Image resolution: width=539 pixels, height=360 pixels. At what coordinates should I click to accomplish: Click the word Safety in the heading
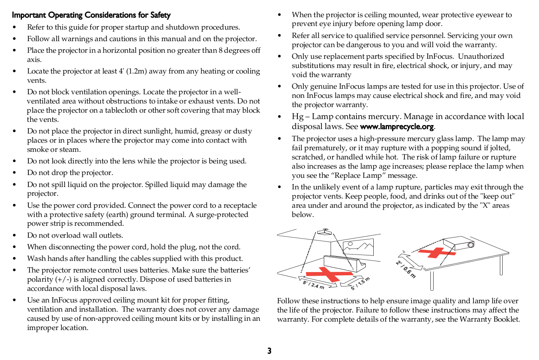click(160, 15)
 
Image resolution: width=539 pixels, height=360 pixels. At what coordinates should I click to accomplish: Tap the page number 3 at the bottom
click(269, 351)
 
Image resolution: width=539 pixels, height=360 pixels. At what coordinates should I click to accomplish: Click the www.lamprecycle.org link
click(396, 127)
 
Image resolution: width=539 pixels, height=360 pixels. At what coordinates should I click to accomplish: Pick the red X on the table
click(436, 253)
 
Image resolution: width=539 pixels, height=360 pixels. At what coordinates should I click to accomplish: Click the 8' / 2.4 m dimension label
click(313, 285)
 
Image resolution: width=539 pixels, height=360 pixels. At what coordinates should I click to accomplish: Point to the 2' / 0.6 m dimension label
click(406, 269)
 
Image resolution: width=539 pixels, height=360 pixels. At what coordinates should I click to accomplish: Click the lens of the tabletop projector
click(471, 245)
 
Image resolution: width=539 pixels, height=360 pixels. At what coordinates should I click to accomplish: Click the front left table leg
click(432, 280)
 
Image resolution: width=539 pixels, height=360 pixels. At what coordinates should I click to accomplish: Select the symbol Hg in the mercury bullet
click(297, 117)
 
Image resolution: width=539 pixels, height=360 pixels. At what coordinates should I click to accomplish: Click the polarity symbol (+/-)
click(63, 279)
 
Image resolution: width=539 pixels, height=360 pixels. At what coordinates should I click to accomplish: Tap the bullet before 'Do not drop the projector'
click(14, 173)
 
